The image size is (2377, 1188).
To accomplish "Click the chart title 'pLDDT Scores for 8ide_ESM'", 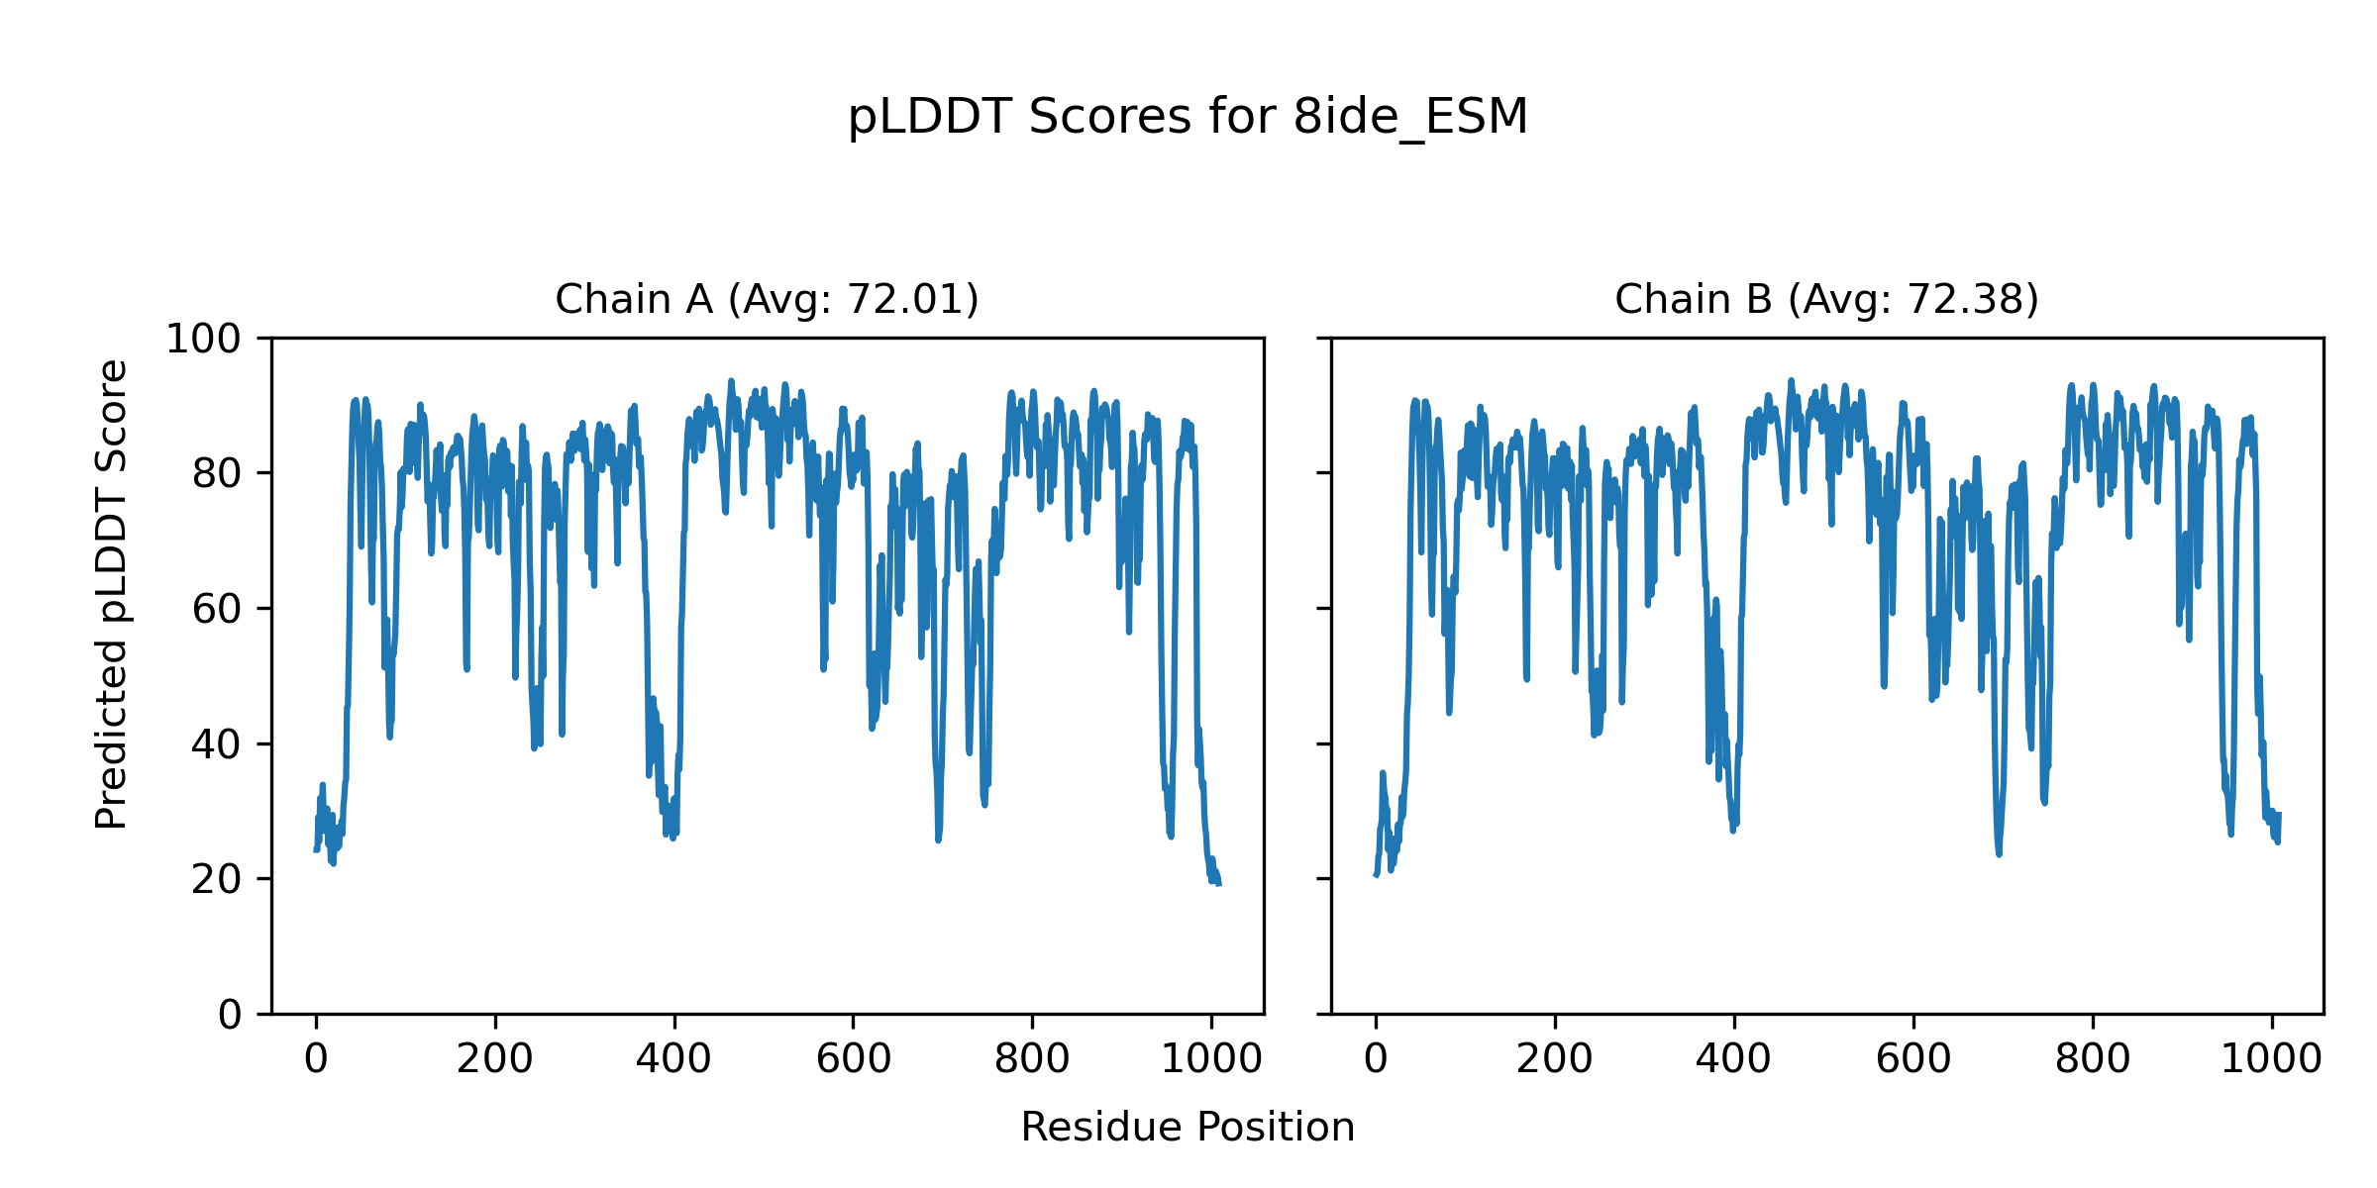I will (1188, 117).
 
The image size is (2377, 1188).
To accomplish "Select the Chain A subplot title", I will (767, 299).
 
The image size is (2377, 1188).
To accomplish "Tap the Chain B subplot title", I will (1826, 299).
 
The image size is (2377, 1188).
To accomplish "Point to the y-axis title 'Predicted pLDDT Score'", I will (112, 594).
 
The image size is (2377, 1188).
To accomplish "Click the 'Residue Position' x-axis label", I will (1188, 1127).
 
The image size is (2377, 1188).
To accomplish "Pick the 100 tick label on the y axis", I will (203, 340).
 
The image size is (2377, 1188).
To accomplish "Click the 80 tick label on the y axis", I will (217, 474).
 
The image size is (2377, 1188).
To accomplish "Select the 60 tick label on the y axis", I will (217, 609).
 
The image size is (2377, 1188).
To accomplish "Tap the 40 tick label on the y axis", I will (217, 744).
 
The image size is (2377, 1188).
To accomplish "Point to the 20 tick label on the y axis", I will (217, 879).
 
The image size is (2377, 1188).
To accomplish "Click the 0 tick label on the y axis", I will (230, 1014).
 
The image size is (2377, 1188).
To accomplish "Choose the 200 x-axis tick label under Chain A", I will (495, 1059).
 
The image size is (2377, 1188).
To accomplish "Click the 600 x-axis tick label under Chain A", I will (853, 1059).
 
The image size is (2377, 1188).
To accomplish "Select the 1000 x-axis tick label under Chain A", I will (1210, 1059).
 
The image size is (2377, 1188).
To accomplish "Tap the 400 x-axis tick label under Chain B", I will (1733, 1059).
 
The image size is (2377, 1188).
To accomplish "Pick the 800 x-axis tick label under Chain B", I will (2092, 1059).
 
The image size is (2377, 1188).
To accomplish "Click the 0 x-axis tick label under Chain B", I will (1376, 1059).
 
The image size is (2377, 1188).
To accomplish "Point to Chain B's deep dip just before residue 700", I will (1999, 851).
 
